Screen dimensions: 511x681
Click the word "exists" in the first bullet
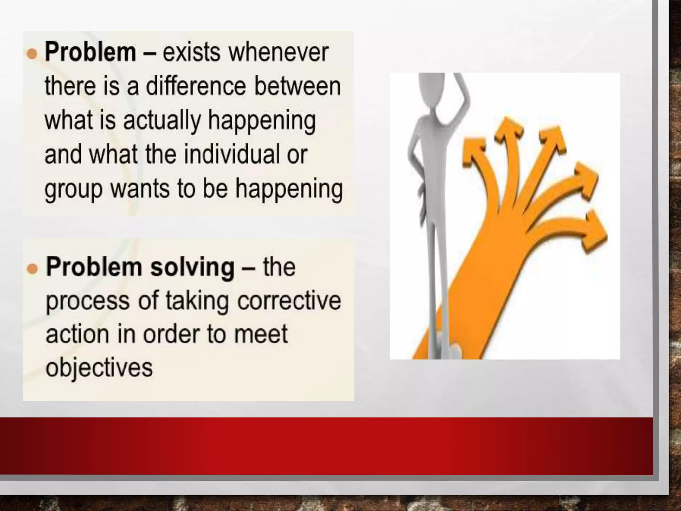tap(191, 53)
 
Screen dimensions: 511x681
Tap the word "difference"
tap(196, 86)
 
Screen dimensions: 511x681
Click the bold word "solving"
tap(192, 267)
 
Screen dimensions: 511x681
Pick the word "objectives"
tap(99, 368)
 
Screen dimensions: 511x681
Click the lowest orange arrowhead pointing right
tap(595, 230)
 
